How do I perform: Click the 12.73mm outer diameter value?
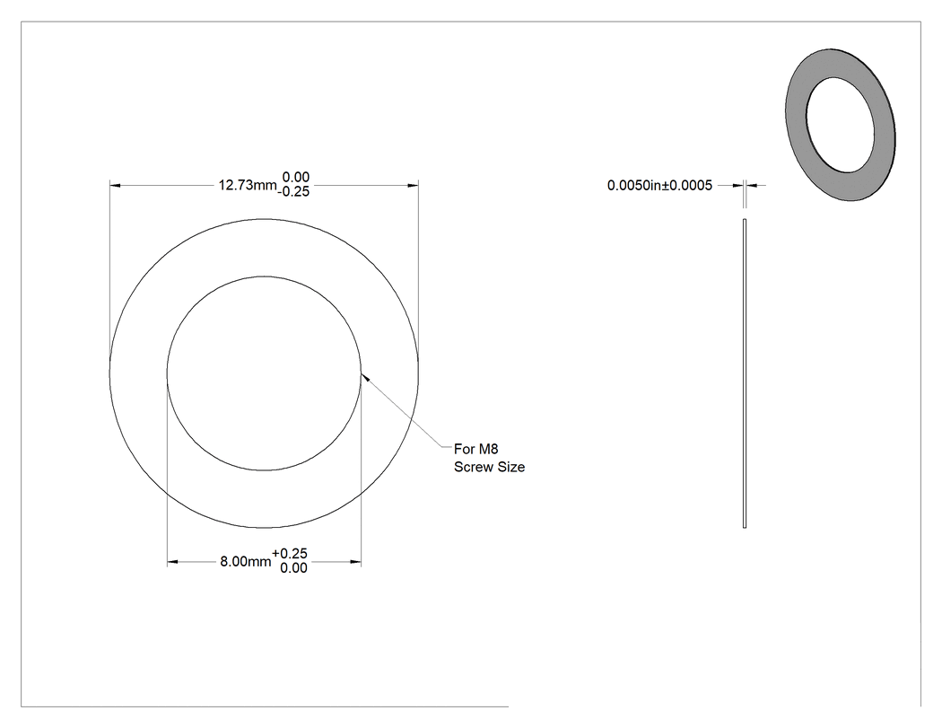(248, 185)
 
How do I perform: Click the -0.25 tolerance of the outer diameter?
(293, 192)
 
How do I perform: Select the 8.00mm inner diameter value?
(246, 561)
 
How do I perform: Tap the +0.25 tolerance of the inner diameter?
(290, 554)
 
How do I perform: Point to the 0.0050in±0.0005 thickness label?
(659, 185)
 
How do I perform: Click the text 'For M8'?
(475, 449)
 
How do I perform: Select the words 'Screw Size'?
(489, 467)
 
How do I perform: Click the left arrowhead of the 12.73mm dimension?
(115, 185)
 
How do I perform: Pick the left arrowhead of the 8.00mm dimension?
(172, 562)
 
